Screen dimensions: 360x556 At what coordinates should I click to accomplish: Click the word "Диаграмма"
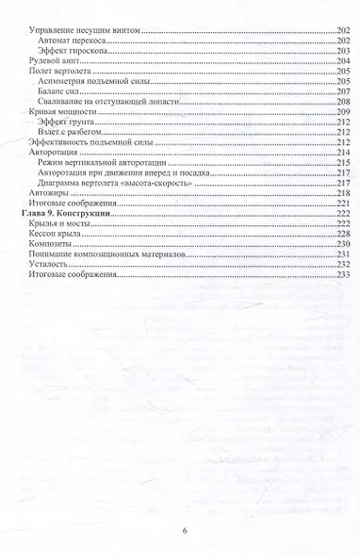coord(61,183)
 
